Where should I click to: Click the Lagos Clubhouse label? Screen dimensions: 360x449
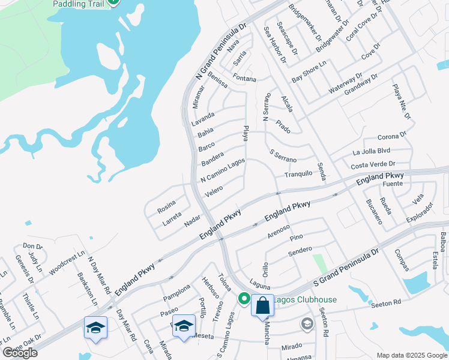pyautogui.click(x=306, y=299)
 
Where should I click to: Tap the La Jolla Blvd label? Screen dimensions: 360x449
pyautogui.click(x=372, y=151)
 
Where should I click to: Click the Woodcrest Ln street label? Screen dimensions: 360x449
pyautogui.click(x=64, y=261)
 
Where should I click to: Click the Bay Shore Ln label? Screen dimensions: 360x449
pyautogui.click(x=309, y=71)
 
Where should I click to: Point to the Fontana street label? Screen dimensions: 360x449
pyautogui.click(x=244, y=79)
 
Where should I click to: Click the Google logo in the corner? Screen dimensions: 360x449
pyautogui.click(x=20, y=353)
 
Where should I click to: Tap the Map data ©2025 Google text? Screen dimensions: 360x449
pyautogui.click(x=411, y=355)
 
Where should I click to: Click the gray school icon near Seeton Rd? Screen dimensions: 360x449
pyautogui.click(x=307, y=325)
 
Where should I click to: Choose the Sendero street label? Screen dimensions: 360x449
pyautogui.click(x=300, y=250)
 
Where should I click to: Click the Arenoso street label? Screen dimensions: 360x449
pyautogui.click(x=279, y=229)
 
